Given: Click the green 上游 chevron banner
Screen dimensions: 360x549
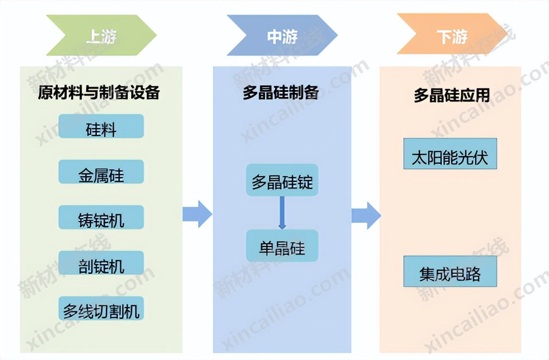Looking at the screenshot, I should pos(101,35).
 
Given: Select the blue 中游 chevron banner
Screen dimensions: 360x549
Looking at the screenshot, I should pos(282,35).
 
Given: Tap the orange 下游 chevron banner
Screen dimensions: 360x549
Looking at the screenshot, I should pos(452,35).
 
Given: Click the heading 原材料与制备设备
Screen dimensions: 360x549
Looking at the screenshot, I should pos(99,92).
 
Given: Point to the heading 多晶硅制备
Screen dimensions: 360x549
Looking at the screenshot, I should pos(281,92).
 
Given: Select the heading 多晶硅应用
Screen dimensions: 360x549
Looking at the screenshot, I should pos(452,95).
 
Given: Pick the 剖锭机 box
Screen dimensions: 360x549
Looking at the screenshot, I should pos(101,263).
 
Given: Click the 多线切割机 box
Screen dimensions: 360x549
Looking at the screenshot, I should pos(101,309).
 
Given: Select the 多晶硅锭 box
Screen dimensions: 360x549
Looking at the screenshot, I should pos(282,180).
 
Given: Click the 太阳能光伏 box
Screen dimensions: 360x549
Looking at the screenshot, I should pos(450,154).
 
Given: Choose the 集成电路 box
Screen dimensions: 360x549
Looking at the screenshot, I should pos(450,271).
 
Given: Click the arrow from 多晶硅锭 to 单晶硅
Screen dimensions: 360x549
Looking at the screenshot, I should pos(282,213).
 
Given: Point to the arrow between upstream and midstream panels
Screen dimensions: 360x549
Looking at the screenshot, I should pos(197,214).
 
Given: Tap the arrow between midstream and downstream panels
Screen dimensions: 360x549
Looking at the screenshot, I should pos(366,215).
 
